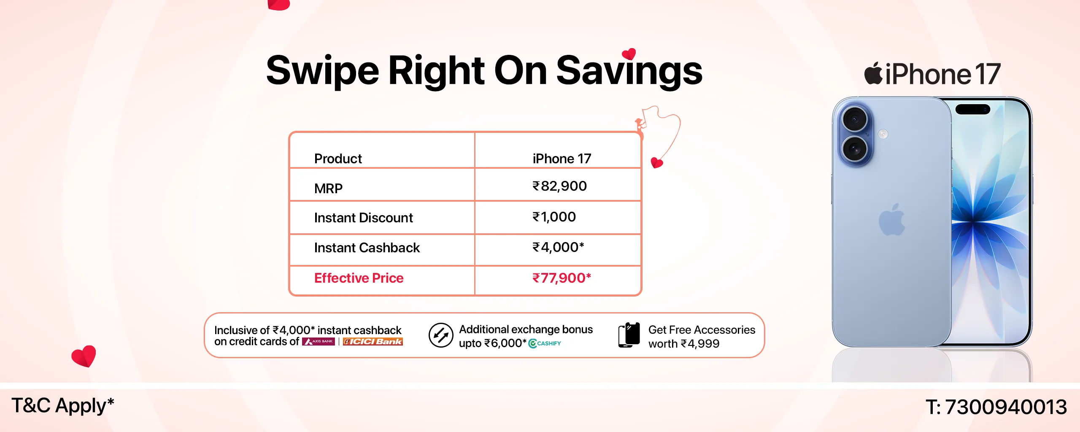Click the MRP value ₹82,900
[559, 186]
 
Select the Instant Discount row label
[363, 218]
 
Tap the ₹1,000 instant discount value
[554, 217]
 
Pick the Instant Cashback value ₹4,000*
[558, 247]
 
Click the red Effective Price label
[359, 278]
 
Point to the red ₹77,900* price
[562, 278]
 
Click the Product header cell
[338, 159]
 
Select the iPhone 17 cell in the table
[562, 159]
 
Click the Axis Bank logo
[319, 341]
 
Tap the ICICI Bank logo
[373, 341]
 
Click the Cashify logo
[545, 343]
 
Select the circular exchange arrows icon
[441, 335]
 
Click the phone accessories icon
[629, 335]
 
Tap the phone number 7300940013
[1006, 407]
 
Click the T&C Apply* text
[62, 406]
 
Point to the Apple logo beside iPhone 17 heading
[873, 73]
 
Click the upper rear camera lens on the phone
[854, 119]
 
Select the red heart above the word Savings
[629, 54]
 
